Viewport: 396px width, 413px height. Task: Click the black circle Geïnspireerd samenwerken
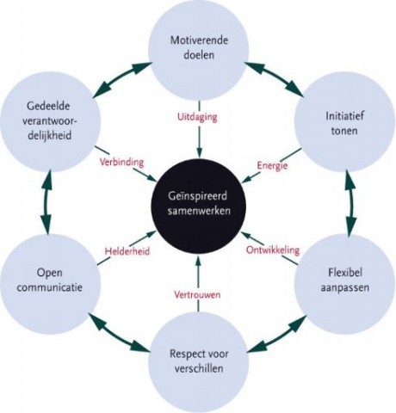pyautogui.click(x=199, y=203)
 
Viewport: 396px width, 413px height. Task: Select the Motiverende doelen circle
pyautogui.click(x=199, y=48)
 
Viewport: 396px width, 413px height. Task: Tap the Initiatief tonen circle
pyautogui.click(x=345, y=123)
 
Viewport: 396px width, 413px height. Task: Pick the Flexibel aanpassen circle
pyautogui.click(x=345, y=280)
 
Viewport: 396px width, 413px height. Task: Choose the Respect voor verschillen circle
pyautogui.click(x=199, y=362)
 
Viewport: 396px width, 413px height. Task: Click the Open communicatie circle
pyautogui.click(x=50, y=280)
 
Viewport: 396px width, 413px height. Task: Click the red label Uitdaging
pyautogui.click(x=197, y=117)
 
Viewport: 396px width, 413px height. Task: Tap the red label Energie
pyautogui.click(x=272, y=166)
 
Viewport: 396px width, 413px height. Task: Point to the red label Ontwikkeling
pyautogui.click(x=273, y=250)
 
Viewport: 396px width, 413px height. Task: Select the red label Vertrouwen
pyautogui.click(x=197, y=294)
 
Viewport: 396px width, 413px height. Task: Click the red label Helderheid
pyautogui.click(x=127, y=251)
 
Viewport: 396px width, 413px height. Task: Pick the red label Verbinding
pyautogui.click(x=121, y=162)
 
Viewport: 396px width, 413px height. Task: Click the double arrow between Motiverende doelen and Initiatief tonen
pyautogui.click(x=274, y=78)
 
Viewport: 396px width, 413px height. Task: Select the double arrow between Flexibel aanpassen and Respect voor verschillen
pyautogui.click(x=277, y=334)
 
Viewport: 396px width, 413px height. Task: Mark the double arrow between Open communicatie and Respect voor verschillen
pyautogui.click(x=119, y=333)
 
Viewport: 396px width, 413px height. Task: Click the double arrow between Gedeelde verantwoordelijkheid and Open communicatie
pyautogui.click(x=46, y=202)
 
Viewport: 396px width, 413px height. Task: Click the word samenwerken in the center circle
pyautogui.click(x=199, y=211)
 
